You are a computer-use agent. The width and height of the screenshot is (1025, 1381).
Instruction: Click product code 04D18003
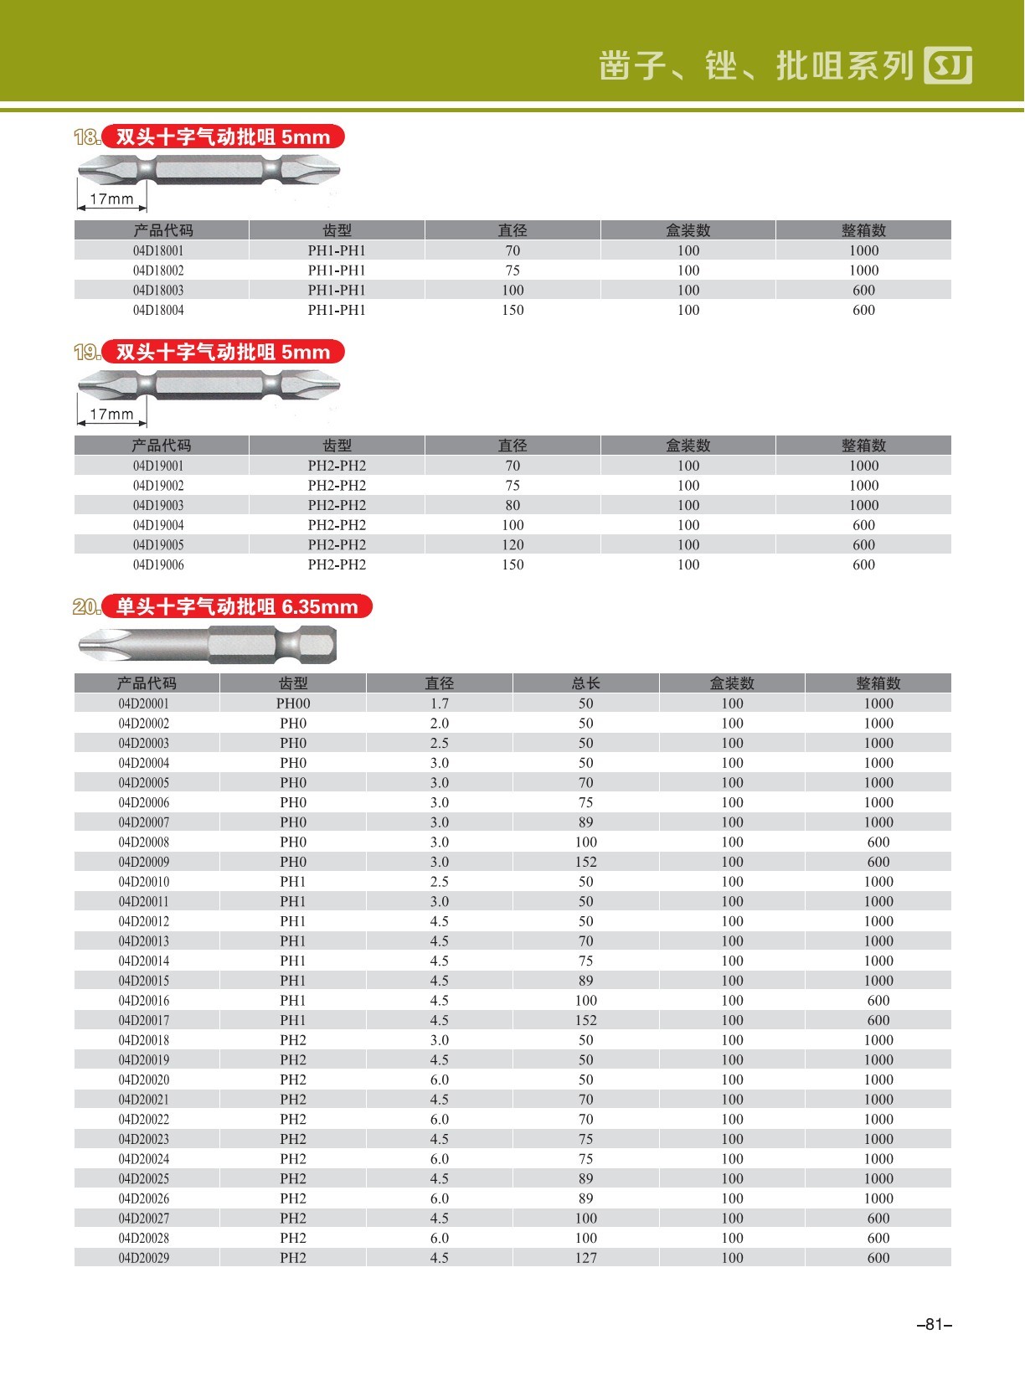pos(158,291)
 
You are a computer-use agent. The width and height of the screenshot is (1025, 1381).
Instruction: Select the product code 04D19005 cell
pos(158,545)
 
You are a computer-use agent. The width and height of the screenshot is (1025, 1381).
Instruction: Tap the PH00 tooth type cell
pos(293,703)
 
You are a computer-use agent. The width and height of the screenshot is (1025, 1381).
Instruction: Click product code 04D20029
pos(144,1258)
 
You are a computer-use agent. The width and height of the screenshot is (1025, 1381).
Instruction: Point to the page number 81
pos(935,1325)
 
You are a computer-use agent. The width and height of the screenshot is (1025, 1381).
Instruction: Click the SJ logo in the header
pos(948,65)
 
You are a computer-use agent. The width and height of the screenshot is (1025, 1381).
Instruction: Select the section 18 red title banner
pos(223,137)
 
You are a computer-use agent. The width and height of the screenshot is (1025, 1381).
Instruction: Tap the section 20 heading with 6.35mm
pos(236,607)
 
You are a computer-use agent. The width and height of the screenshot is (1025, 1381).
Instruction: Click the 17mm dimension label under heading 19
pos(111,415)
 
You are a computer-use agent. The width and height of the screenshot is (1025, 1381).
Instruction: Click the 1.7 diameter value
pos(440,703)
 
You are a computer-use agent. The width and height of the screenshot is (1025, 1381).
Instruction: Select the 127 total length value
pos(586,1258)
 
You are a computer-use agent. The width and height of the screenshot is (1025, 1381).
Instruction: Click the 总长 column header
pos(586,683)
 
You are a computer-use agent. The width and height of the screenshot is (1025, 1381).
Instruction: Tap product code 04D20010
pos(144,882)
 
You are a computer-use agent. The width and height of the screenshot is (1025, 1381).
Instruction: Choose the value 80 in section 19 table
pos(512,506)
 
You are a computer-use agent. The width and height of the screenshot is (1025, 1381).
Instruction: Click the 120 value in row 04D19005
pos(512,545)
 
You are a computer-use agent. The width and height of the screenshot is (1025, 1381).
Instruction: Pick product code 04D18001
pos(158,251)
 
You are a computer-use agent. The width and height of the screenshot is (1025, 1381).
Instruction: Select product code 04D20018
pos(144,1040)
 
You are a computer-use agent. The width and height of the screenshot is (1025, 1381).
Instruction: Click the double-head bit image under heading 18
pos(209,171)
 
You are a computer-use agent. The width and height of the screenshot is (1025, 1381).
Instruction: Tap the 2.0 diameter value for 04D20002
pos(440,724)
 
